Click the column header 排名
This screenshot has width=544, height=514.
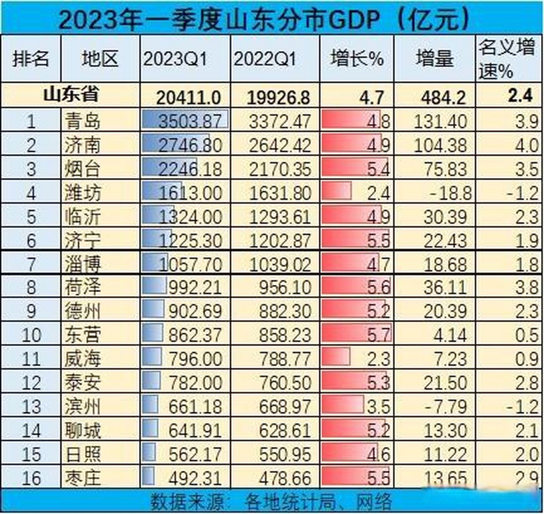click(31, 59)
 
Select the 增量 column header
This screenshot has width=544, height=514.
click(435, 59)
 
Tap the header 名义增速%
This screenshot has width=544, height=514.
click(507, 59)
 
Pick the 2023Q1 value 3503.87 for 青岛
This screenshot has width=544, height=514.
click(190, 121)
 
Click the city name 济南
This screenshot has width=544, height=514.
click(82, 145)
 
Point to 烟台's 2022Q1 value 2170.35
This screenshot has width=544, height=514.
click(280, 169)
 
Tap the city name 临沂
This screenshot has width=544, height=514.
click(82, 217)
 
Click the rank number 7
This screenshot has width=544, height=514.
click(31, 265)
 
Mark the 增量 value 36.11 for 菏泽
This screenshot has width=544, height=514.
click(445, 288)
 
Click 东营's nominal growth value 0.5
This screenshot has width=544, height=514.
click(526, 335)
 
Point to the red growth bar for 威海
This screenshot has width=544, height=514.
click(336, 357)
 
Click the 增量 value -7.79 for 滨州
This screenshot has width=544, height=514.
click(445, 406)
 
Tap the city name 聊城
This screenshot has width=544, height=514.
click(82, 430)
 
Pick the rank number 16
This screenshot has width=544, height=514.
click(31, 478)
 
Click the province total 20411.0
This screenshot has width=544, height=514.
click(188, 97)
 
